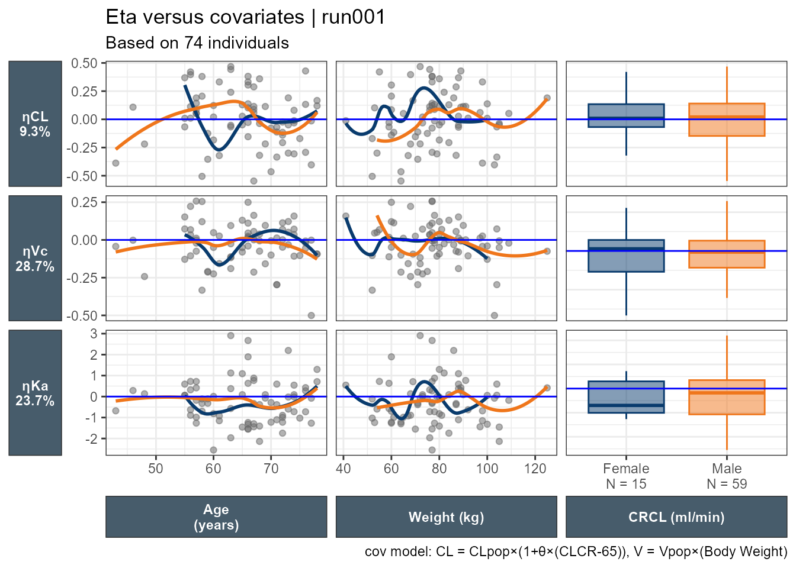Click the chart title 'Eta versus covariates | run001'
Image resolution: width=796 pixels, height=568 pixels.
click(245, 17)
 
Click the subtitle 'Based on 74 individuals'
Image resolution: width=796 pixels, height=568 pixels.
click(197, 43)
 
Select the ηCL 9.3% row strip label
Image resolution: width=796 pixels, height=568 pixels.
click(35, 124)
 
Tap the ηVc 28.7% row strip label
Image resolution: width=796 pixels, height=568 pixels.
click(35, 259)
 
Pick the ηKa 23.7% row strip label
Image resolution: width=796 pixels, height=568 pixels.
click(35, 393)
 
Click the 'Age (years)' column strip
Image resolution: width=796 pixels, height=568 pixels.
click(216, 517)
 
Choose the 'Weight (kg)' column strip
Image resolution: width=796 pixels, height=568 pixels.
click(446, 517)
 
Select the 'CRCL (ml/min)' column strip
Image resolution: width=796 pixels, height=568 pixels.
click(676, 517)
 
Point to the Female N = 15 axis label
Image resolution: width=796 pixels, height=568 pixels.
click(626, 476)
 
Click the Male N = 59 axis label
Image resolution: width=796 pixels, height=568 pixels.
click(727, 476)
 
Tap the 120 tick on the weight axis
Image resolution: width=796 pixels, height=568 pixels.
click(535, 469)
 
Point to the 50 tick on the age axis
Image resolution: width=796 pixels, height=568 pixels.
click(156, 469)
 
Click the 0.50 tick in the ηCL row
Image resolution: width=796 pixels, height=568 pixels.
click(84, 63)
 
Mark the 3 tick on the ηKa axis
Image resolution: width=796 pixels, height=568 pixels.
click(94, 334)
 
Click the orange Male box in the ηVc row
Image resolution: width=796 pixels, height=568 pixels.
click(727, 254)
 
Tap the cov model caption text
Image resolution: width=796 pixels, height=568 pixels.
click(576, 552)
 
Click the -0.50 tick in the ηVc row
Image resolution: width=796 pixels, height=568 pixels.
click(82, 316)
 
